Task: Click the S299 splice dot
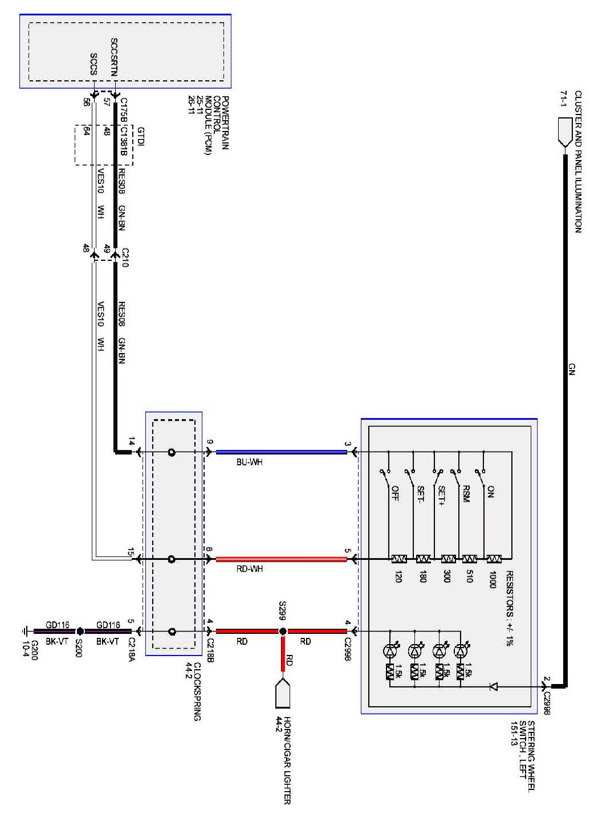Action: [282, 631]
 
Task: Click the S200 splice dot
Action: [80, 631]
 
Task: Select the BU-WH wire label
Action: [250, 462]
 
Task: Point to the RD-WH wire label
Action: [250, 568]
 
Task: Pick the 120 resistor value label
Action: [397, 577]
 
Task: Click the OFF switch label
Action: [394, 493]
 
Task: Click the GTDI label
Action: [140, 137]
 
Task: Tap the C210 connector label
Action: [125, 257]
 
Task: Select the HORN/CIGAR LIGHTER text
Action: [287, 760]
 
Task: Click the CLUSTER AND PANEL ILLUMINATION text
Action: [578, 161]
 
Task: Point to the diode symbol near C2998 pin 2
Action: [494, 687]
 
